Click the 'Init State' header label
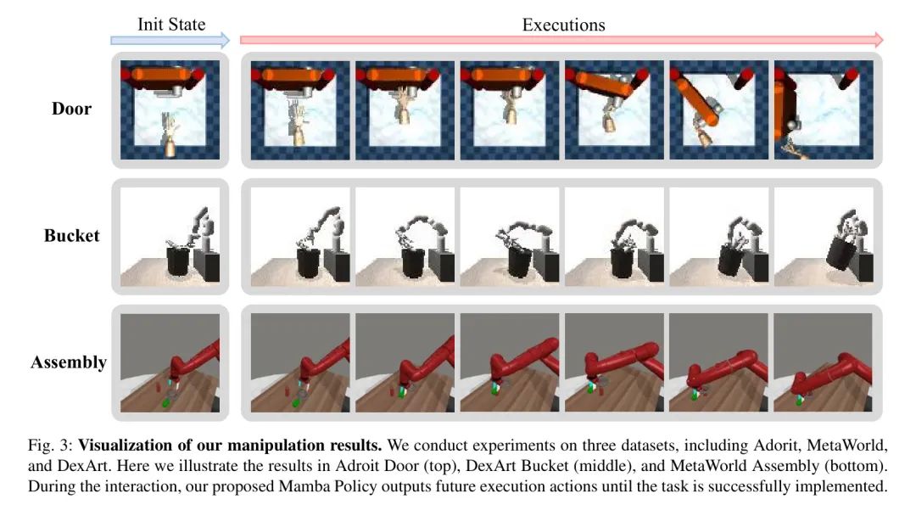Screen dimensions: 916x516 pyautogui.click(x=171, y=24)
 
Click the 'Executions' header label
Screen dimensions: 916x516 pyautogui.click(x=563, y=25)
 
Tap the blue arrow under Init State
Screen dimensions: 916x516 pyautogui.click(x=170, y=41)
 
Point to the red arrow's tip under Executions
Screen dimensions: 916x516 pyautogui.click(x=883, y=41)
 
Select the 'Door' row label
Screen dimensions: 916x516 pyautogui.click(x=71, y=109)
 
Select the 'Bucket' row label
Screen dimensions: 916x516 pyautogui.click(x=71, y=235)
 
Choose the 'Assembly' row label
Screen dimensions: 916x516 pyautogui.click(x=69, y=362)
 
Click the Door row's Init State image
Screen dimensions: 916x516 pyautogui.click(x=170, y=109)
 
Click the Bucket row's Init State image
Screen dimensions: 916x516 pyautogui.click(x=170, y=237)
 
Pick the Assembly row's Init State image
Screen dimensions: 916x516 pyautogui.click(x=170, y=363)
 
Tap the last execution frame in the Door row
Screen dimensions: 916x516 pyautogui.click(x=824, y=109)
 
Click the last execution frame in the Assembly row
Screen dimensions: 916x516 pyautogui.click(x=823, y=363)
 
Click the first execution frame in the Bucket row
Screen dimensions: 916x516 pyautogui.click(x=300, y=237)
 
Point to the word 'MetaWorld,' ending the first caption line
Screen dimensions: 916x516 pyautogui.click(x=847, y=446)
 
